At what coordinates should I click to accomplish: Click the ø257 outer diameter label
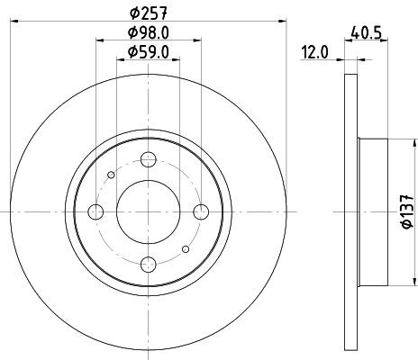click(147, 12)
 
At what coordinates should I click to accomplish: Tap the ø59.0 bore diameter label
click(147, 53)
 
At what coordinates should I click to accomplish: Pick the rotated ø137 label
click(405, 211)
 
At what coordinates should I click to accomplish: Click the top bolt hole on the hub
click(149, 159)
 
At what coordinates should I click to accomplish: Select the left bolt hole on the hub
click(95, 211)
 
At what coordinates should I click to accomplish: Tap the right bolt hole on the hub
click(201, 211)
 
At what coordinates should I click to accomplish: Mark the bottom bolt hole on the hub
click(149, 264)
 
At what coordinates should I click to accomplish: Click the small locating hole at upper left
click(111, 175)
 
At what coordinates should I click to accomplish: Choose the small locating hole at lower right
click(186, 249)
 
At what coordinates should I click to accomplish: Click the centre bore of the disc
click(149, 211)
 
